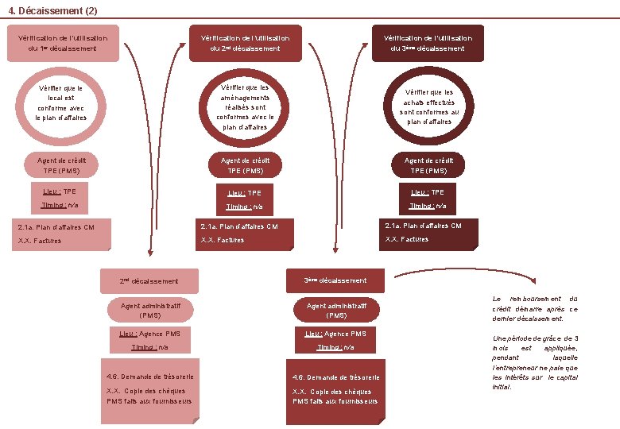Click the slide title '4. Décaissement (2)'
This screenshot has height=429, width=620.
tap(53, 10)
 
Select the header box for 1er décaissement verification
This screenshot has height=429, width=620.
tap(62, 43)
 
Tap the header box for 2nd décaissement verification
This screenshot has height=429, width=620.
tap(245, 43)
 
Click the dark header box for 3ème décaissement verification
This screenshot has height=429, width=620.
tap(428, 43)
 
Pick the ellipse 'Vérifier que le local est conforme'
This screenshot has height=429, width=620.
tap(61, 103)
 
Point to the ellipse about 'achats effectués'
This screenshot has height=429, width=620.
tap(428, 106)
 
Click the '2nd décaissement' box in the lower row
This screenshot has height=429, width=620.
tap(149, 281)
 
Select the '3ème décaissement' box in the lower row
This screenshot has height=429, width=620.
tap(335, 280)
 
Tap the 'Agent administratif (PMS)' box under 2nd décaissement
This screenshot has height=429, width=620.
tap(150, 310)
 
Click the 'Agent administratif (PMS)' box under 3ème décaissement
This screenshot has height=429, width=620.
tap(336, 310)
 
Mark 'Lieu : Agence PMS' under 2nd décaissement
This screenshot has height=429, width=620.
tap(150, 334)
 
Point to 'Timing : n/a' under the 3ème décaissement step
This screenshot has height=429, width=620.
tap(335, 347)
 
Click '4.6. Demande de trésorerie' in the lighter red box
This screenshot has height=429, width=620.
tap(150, 376)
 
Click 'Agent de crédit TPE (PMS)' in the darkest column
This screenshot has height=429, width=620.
tap(428, 165)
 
